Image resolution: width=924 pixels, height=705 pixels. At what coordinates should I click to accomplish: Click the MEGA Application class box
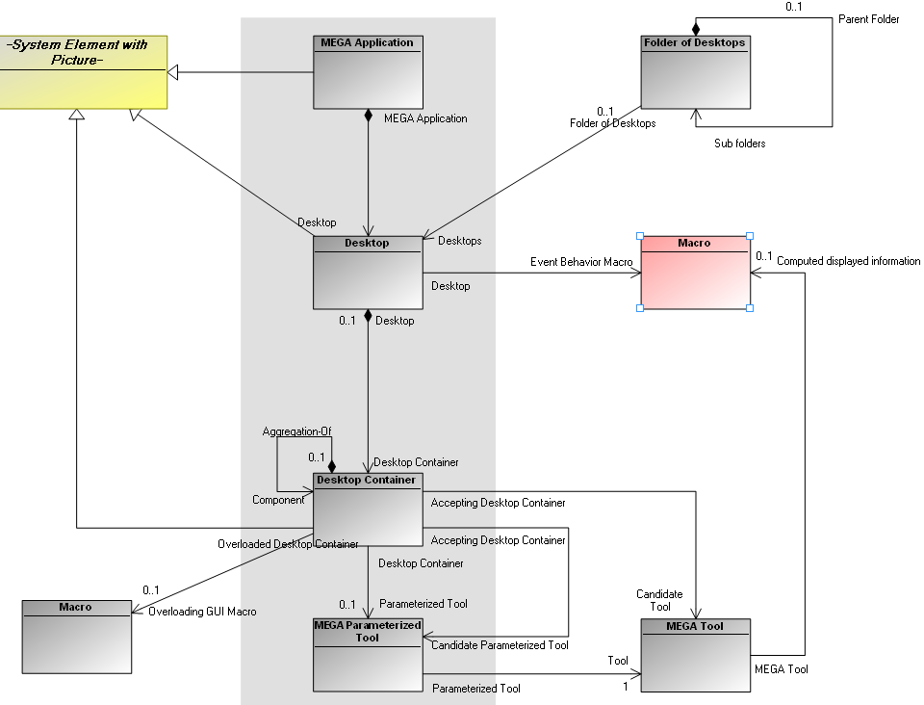369,72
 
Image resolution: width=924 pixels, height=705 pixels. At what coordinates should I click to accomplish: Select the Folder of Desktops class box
695,72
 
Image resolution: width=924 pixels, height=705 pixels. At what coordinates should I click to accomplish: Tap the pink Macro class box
695,272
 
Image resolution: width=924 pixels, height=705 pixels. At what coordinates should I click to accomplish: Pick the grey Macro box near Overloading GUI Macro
76,636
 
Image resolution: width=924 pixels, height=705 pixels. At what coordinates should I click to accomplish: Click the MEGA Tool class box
695,655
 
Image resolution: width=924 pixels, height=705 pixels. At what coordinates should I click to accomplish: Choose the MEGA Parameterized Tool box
368,655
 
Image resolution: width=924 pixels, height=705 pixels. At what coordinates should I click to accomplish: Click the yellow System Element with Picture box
84,72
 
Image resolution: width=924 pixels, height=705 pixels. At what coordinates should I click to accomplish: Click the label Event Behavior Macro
581,262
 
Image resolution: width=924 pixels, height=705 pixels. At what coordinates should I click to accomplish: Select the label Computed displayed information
848,261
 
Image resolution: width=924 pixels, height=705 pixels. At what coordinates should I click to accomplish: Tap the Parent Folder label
868,19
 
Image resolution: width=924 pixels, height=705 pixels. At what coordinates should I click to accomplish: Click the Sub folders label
739,144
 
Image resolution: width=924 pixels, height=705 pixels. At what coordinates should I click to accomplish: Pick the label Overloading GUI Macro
202,612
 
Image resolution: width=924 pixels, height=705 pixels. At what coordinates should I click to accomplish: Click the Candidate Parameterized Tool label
500,645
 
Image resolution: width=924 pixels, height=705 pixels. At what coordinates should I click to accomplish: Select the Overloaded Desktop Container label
288,544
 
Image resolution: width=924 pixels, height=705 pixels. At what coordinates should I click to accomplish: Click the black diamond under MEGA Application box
369,116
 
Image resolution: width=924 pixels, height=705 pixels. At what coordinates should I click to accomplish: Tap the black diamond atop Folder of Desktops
695,29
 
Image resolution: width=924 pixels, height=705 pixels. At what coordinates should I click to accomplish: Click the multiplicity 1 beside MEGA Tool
624,686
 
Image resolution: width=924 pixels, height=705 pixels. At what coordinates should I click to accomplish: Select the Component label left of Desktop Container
278,500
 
